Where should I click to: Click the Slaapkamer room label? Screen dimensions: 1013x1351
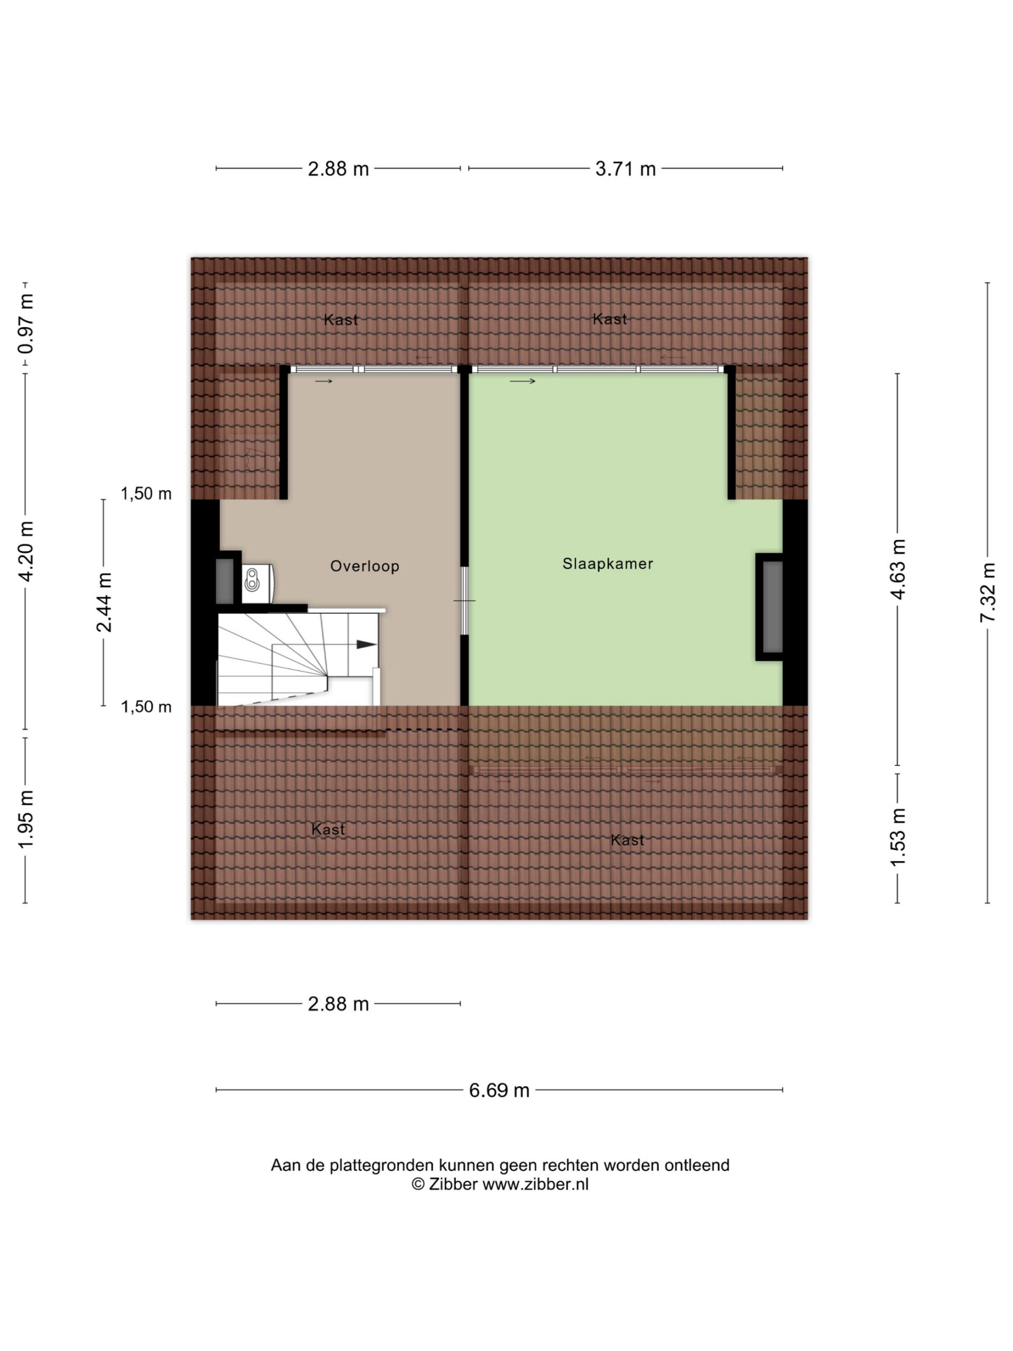608,564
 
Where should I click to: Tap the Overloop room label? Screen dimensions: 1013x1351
365,566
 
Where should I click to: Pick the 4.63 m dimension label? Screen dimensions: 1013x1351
897,569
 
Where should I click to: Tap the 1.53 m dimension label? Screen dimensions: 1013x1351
897,837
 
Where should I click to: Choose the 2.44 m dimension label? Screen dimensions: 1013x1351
104,602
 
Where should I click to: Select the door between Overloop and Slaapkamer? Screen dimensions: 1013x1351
464,601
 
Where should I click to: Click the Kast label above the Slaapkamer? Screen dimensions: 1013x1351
609,319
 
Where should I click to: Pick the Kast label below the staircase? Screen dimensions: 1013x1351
328,829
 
